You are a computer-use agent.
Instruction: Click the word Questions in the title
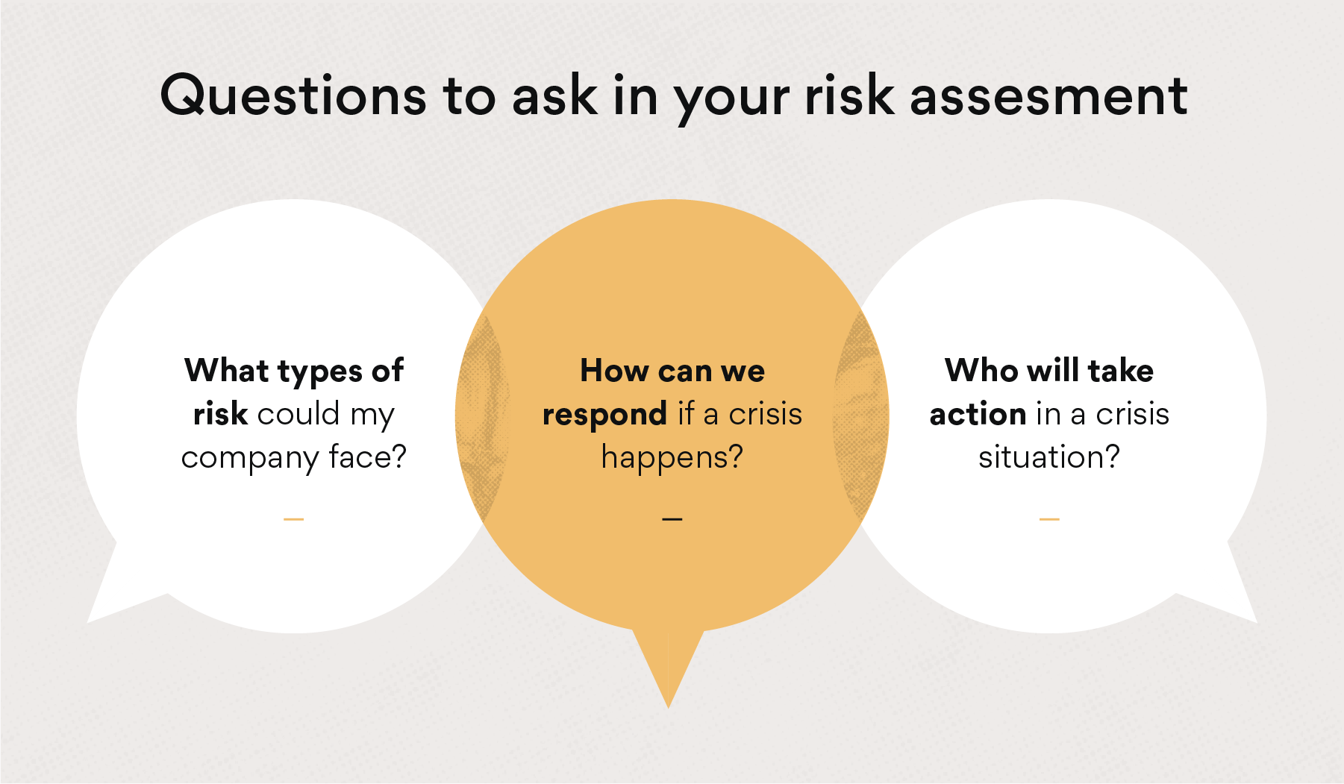[293, 96]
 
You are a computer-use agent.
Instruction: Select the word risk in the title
[848, 96]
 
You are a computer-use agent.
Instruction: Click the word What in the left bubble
[226, 371]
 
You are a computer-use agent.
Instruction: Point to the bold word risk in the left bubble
[220, 414]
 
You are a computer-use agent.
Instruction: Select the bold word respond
[604, 415]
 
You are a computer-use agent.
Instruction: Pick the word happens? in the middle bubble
[672, 457]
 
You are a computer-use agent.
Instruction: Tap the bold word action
[978, 414]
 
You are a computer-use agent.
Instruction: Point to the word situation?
[1049, 457]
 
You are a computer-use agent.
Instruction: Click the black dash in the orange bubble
[672, 518]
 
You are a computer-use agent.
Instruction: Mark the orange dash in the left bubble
[294, 518]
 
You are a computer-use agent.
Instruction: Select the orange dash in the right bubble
[1049, 518]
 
